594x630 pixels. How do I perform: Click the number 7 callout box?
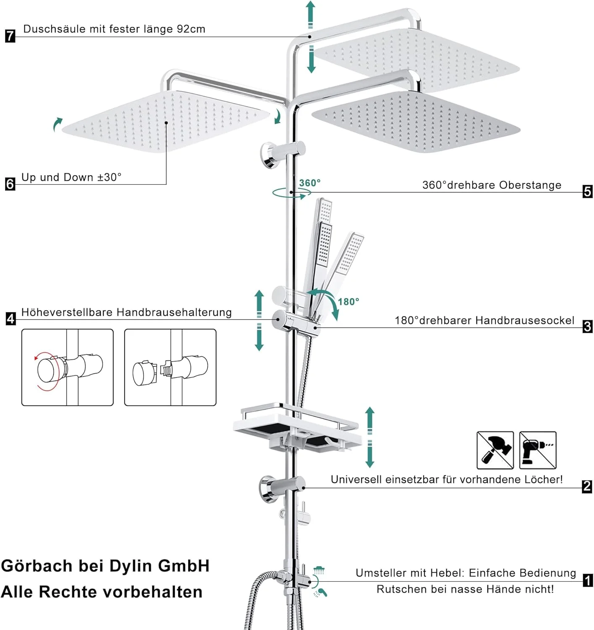tap(10, 36)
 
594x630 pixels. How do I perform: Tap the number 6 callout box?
tap(10, 184)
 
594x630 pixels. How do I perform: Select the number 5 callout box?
tap(587, 192)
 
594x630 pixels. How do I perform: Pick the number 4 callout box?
tap(10, 319)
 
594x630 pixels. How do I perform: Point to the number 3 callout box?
tap(587, 326)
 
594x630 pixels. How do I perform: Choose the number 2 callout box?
tap(587, 486)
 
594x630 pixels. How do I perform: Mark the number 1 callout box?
tap(588, 580)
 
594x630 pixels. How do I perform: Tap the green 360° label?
tap(310, 183)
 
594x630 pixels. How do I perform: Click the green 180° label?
tap(348, 302)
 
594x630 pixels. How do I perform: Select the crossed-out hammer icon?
tap(495, 450)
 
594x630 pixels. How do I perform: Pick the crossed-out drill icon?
tap(538, 450)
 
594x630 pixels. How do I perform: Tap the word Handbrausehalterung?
tap(174, 312)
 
